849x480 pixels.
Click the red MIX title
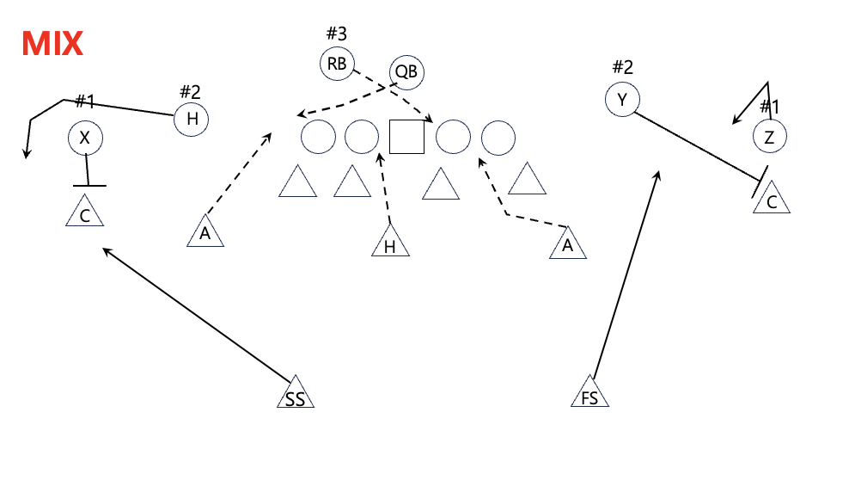click(52, 43)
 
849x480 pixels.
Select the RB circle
click(337, 63)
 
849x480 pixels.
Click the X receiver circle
click(84, 138)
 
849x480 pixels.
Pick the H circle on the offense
click(191, 119)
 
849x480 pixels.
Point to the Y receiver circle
click(622, 101)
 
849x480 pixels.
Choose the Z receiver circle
click(769, 135)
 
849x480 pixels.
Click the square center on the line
click(407, 137)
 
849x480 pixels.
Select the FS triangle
click(590, 394)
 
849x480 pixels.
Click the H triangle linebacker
click(390, 243)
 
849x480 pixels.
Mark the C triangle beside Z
click(772, 200)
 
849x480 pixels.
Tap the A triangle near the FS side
click(568, 243)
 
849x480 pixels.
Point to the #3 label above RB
click(336, 34)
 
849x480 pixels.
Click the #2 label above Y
click(622, 67)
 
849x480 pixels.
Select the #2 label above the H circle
click(190, 91)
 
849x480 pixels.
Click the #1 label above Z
click(769, 107)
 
